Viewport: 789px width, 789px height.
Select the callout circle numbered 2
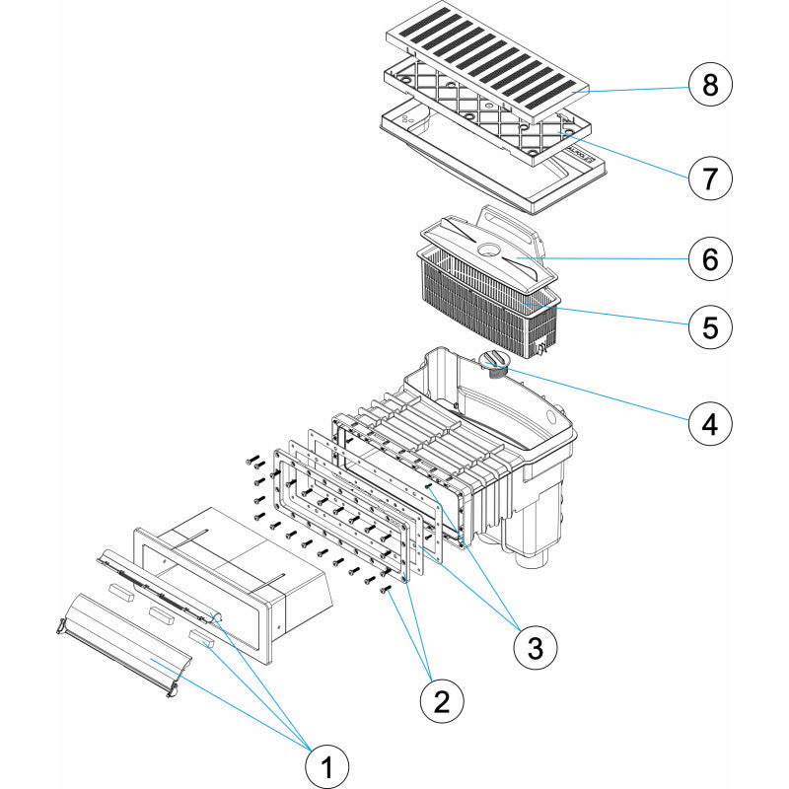(442, 701)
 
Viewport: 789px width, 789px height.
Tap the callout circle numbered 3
(535, 647)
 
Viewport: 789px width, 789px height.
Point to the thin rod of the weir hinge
(158, 582)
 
